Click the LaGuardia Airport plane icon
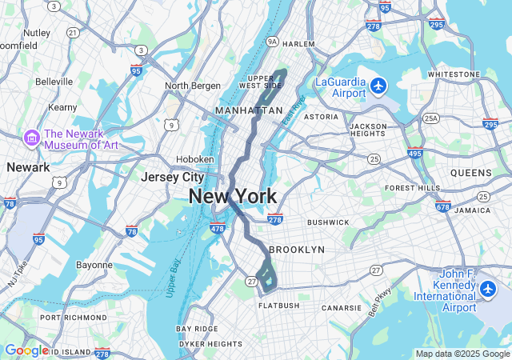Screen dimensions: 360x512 tap(378, 86)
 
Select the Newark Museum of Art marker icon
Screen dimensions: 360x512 tap(32, 138)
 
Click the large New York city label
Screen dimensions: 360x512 tap(233, 196)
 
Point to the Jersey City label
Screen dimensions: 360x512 tap(172, 177)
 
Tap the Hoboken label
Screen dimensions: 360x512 tap(194, 159)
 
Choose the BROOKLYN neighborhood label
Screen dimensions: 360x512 tap(297, 250)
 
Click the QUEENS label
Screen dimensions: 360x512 tap(471, 173)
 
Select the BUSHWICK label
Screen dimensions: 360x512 tap(328, 222)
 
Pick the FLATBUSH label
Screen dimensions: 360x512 tap(279, 306)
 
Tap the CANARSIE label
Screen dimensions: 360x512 tap(342, 307)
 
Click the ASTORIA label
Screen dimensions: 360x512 tap(321, 117)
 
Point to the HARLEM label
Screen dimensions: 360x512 tap(298, 44)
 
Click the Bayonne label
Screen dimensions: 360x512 tap(94, 265)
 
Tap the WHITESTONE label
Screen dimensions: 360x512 tap(453, 74)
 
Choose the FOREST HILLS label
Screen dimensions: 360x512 tap(413, 188)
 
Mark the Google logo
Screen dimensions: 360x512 tap(26, 350)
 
